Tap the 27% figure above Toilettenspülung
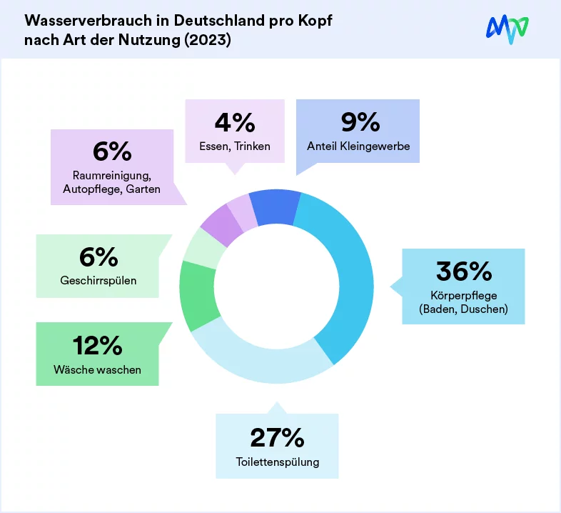click(277, 437)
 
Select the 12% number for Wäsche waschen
click(97, 346)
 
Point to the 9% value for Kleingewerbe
click(359, 123)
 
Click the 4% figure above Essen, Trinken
click(234, 123)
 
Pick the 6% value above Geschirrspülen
click(97, 256)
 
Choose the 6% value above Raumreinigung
click(112, 151)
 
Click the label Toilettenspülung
click(277, 462)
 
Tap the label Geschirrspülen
click(98, 281)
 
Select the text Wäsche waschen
click(97, 370)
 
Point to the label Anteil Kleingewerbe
click(359, 147)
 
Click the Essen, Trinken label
click(234, 147)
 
